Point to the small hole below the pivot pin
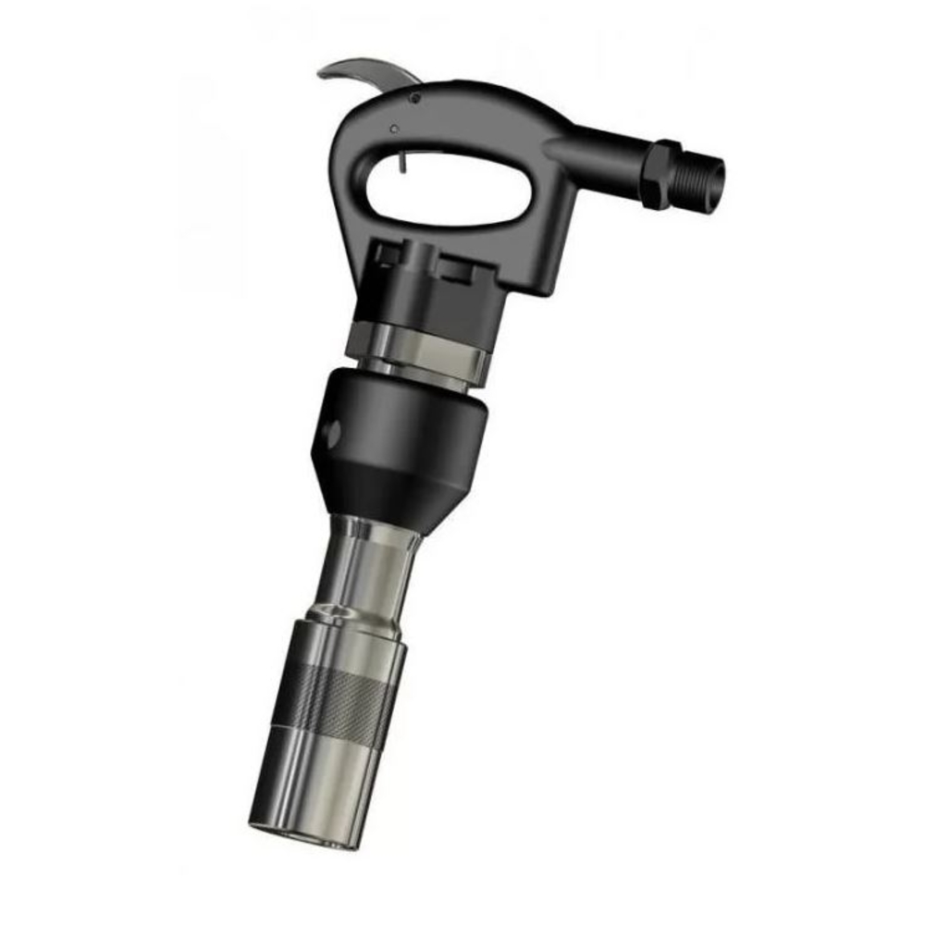pos(394,129)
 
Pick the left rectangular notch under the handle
pos(389,251)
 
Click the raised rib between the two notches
pos(423,259)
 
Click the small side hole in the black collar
pos(333,428)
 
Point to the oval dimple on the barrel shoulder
pos(329,612)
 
